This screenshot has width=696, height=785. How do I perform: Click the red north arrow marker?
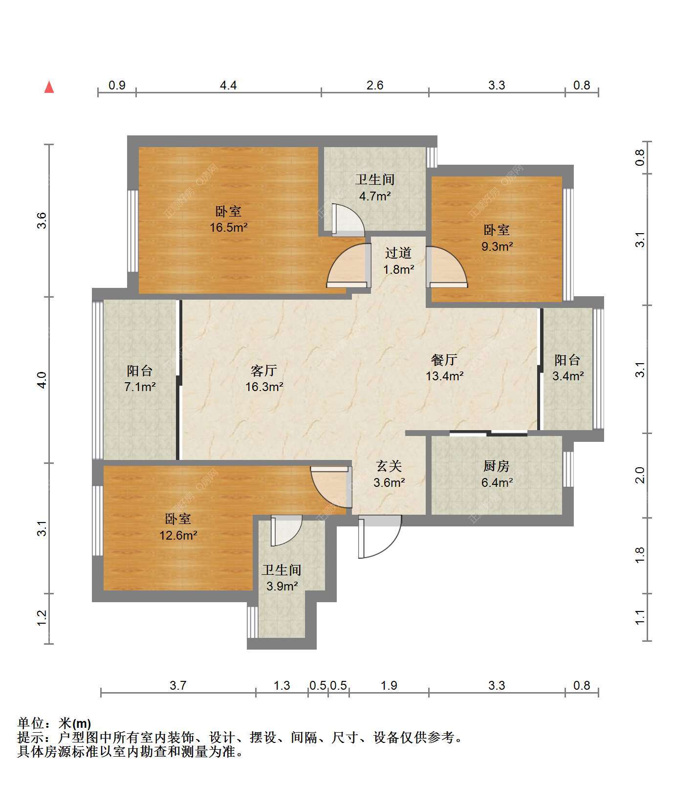[49, 87]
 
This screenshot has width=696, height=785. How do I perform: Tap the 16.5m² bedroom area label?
[229, 227]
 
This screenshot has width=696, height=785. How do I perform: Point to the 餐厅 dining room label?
[444, 360]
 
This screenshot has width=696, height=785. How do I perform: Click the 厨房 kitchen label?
[497, 466]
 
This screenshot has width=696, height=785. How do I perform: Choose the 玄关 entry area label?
[389, 466]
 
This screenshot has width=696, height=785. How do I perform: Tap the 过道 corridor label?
[398, 253]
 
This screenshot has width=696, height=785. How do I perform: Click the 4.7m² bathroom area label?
[375, 196]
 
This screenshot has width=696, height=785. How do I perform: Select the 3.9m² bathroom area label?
[282, 586]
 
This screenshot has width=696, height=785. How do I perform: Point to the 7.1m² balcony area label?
[140, 387]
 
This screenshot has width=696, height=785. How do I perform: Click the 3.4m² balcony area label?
[568, 376]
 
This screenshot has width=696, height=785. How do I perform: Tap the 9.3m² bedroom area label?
[497, 246]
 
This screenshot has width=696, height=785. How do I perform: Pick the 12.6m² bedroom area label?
[178, 535]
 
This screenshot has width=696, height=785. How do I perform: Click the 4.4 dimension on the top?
[228, 85]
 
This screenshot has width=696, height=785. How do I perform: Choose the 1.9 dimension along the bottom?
[389, 685]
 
